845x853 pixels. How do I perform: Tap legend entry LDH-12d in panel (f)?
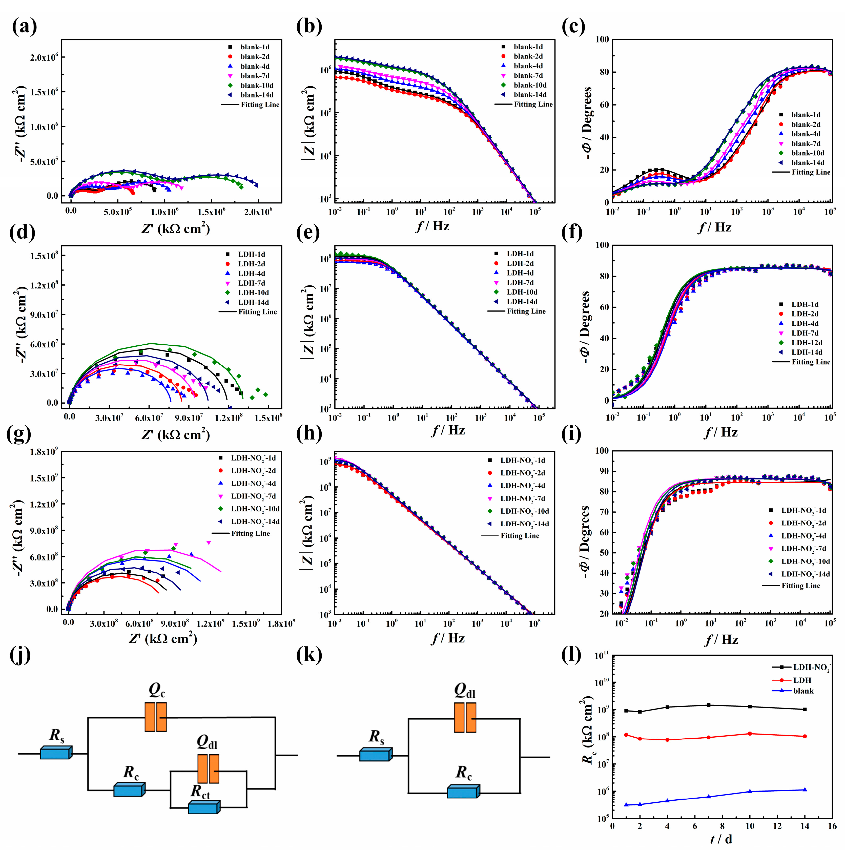click(x=806, y=343)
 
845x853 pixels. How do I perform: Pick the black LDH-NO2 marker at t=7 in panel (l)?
click(x=709, y=705)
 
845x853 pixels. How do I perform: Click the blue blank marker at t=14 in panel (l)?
click(x=805, y=789)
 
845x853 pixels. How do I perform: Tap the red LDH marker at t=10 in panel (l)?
click(x=750, y=734)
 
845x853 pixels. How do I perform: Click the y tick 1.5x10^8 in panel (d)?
click(x=44, y=256)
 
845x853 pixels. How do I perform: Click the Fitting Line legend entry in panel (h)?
click(x=519, y=535)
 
